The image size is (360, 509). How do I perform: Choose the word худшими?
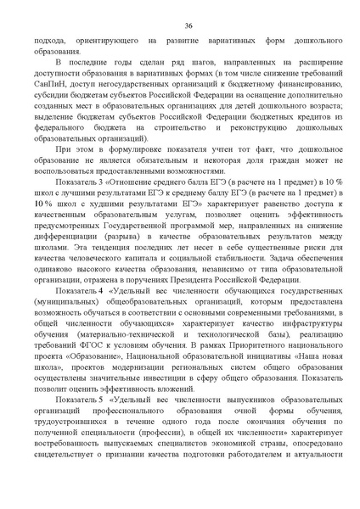coord(110,206)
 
